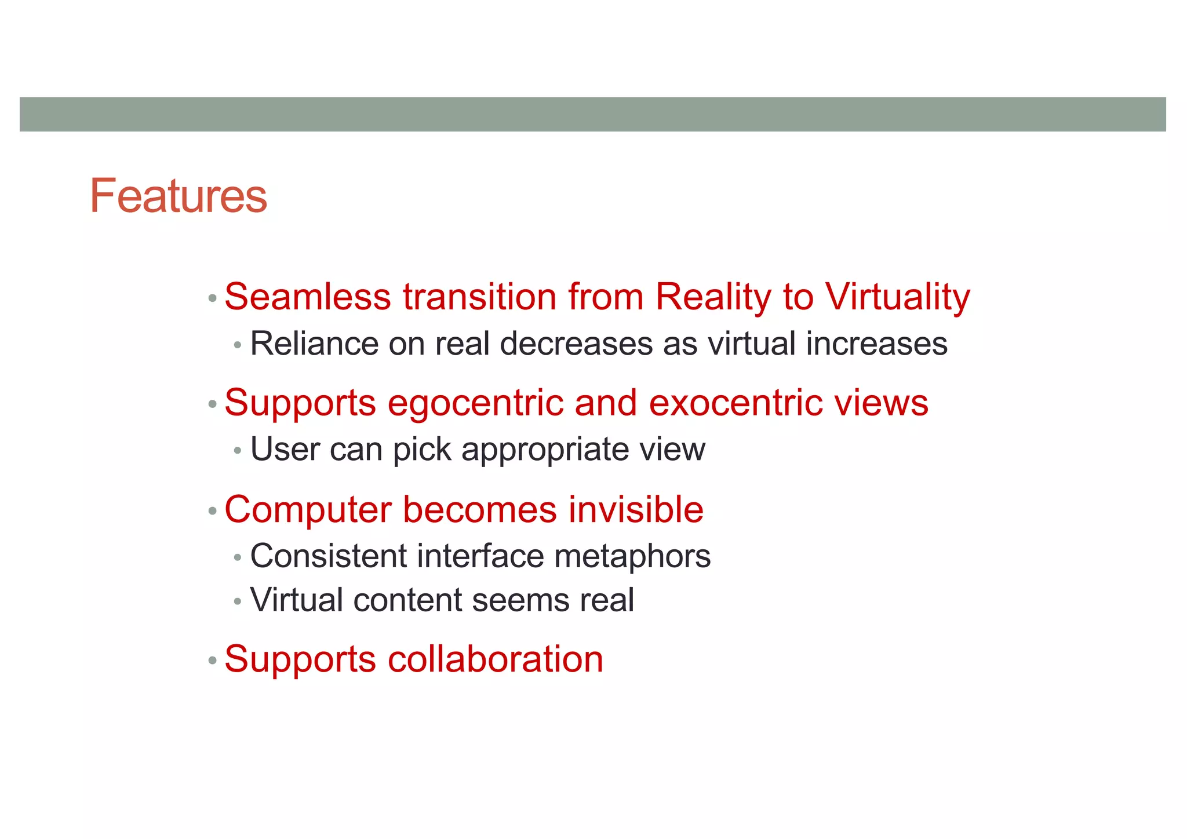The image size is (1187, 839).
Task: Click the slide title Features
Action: coord(178,196)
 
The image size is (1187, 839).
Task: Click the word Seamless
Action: coord(307,297)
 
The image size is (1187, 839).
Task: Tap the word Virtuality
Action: coord(897,297)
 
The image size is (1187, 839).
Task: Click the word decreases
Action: coord(576,344)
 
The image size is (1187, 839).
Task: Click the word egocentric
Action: coord(475,403)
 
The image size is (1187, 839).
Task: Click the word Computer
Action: coord(307,510)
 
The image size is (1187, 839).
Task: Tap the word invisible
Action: coord(636,510)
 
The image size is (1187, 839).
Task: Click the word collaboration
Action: coord(495,659)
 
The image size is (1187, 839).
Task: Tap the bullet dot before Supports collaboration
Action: coord(212,661)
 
